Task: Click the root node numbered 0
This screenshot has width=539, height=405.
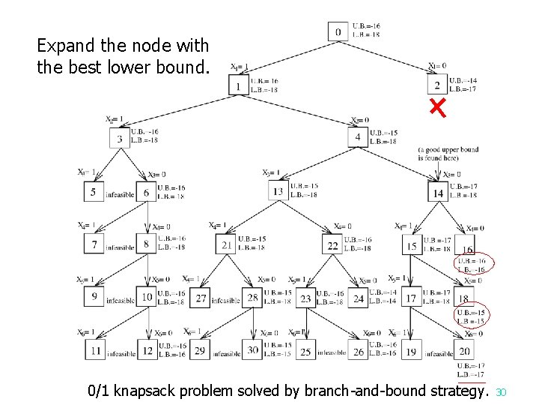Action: tap(338, 32)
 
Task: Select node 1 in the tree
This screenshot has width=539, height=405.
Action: tap(239, 85)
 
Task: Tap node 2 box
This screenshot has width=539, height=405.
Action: tap(436, 84)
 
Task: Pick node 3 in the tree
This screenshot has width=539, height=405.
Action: tap(120, 139)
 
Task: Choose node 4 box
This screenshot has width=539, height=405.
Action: tap(358, 136)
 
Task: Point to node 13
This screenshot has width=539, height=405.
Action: tap(278, 190)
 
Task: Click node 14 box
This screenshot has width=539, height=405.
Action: tap(438, 193)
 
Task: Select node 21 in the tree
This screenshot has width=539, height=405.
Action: tap(227, 244)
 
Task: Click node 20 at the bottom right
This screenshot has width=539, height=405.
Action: tap(465, 350)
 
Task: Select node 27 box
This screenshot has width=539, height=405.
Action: tap(201, 298)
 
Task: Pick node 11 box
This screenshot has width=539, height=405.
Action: tap(95, 350)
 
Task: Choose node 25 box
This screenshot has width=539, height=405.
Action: tap(305, 350)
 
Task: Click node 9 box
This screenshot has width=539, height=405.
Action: tap(95, 297)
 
